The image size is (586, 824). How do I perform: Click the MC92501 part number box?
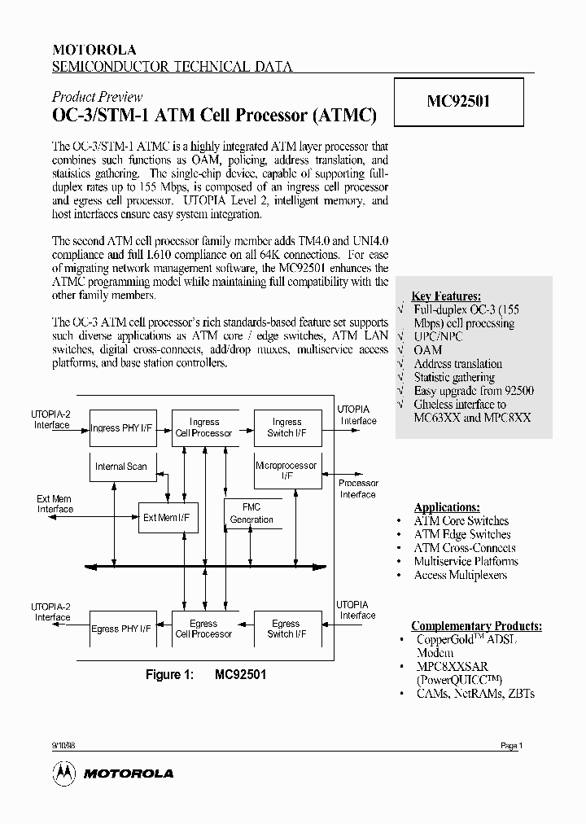pyautogui.click(x=458, y=102)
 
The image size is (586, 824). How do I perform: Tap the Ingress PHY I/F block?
pyautogui.click(x=120, y=427)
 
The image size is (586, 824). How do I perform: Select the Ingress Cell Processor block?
pyautogui.click(x=204, y=427)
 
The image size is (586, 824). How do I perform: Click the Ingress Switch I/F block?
pyautogui.click(x=286, y=427)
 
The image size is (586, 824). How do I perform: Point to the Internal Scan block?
pyautogui.click(x=121, y=467)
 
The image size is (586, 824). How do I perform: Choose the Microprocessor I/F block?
pyautogui.click(x=286, y=471)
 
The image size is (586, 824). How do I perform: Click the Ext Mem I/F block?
pyautogui.click(x=168, y=517)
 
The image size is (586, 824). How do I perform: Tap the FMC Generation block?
pyautogui.click(x=252, y=514)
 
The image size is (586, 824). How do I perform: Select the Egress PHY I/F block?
pyautogui.click(x=120, y=629)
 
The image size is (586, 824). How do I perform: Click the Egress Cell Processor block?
pyautogui.click(x=204, y=629)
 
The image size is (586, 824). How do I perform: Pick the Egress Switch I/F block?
pyautogui.click(x=286, y=629)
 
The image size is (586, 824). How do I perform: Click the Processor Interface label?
pyautogui.click(x=358, y=489)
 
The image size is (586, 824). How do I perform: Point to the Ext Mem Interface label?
pyautogui.click(x=55, y=504)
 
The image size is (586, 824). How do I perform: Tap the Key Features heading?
pyautogui.click(x=446, y=296)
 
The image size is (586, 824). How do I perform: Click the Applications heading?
pyautogui.click(x=447, y=507)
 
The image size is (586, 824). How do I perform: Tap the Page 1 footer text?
pyautogui.click(x=510, y=746)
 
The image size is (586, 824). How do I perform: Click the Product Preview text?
pyautogui.click(x=97, y=97)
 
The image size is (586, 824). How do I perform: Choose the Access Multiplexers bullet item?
pyautogui.click(x=460, y=575)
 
